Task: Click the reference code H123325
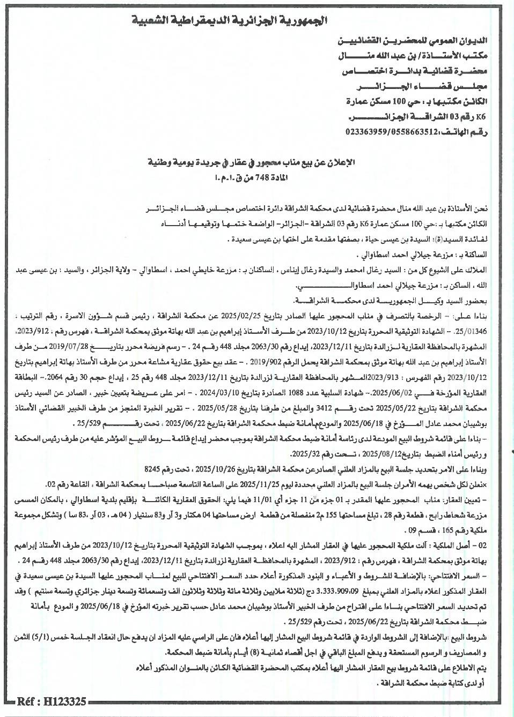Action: [52, 701]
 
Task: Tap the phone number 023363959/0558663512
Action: [385, 132]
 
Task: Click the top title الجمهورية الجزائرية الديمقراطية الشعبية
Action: [230, 21]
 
